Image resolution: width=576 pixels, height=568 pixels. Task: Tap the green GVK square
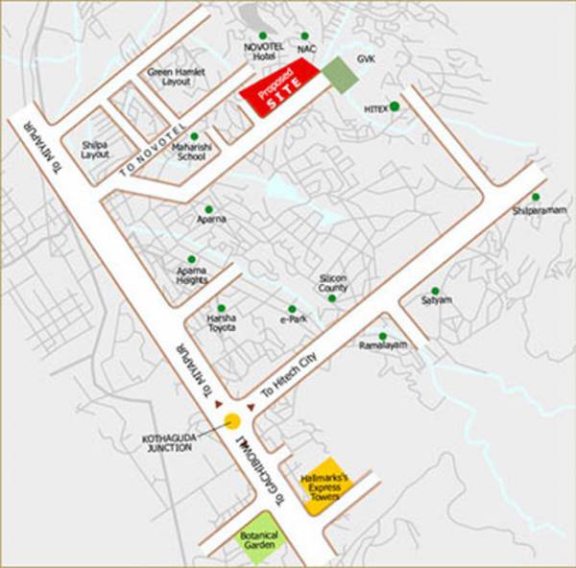(337, 73)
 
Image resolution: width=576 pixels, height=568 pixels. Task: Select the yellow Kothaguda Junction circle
(232, 419)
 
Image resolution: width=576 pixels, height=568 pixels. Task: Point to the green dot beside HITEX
(394, 106)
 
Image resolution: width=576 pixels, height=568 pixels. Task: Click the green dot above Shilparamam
(536, 198)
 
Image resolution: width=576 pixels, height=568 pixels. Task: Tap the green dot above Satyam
(435, 290)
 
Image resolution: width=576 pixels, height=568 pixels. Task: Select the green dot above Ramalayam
(382, 336)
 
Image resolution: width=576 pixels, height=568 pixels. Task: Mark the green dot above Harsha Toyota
(221, 308)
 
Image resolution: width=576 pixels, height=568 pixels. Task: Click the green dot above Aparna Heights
(191, 259)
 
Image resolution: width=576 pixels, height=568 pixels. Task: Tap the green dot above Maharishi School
(193, 136)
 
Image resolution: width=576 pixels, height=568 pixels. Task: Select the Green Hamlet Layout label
(171, 77)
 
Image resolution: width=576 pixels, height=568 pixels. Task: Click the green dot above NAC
(304, 35)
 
